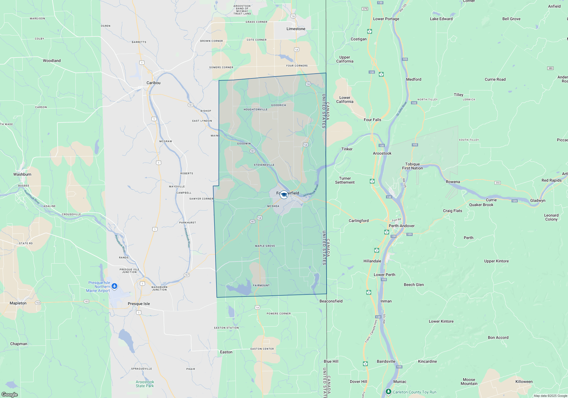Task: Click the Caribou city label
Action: click(x=153, y=83)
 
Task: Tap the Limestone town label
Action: click(x=296, y=29)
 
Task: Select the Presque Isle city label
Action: click(x=139, y=304)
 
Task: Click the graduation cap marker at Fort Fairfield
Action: click(x=284, y=195)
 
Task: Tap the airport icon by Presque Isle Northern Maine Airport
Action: click(x=114, y=286)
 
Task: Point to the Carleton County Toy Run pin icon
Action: click(x=388, y=392)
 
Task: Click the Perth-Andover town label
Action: click(x=401, y=226)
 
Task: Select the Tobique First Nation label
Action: click(x=412, y=166)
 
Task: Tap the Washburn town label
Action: click(x=22, y=174)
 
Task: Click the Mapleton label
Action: click(x=18, y=303)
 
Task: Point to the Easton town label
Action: click(x=226, y=352)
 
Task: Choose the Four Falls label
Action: click(x=372, y=120)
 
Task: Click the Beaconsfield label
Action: click(x=331, y=301)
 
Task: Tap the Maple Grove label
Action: click(x=265, y=246)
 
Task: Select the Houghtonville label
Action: click(x=255, y=109)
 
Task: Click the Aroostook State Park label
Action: click(x=145, y=384)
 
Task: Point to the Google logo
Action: click(x=9, y=395)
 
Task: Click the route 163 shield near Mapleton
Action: click(x=38, y=303)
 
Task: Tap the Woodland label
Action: click(x=52, y=61)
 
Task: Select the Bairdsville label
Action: click(x=386, y=361)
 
